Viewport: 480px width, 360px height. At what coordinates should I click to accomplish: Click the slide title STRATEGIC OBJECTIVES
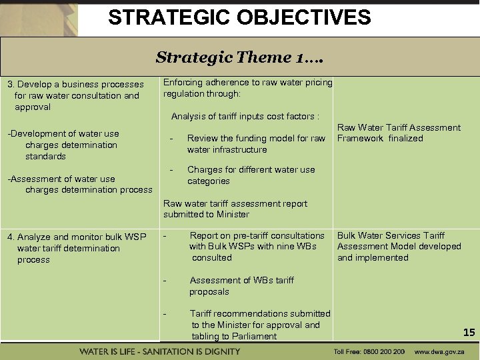click(239, 17)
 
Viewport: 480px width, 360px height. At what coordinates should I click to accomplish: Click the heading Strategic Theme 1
click(239, 57)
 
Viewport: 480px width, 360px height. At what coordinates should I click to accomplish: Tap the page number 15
click(469, 332)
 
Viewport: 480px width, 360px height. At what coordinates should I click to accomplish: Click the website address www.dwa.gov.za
click(441, 351)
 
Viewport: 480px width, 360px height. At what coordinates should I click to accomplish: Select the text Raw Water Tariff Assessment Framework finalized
click(399, 133)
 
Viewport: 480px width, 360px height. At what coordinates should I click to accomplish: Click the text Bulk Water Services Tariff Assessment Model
click(399, 246)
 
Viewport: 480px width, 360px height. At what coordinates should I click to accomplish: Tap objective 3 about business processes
click(75, 95)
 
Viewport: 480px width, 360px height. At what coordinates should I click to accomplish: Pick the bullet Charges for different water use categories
click(251, 175)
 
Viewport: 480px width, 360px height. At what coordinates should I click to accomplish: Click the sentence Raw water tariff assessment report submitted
click(235, 209)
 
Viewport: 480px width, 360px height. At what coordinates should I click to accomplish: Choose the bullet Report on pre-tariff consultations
click(256, 246)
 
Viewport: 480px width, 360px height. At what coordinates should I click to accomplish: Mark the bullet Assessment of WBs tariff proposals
click(241, 285)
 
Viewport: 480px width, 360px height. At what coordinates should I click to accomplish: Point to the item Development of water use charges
click(63, 145)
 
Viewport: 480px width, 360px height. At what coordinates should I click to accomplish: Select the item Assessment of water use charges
click(79, 184)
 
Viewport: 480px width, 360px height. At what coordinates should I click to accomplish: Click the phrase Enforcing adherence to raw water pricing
click(247, 88)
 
